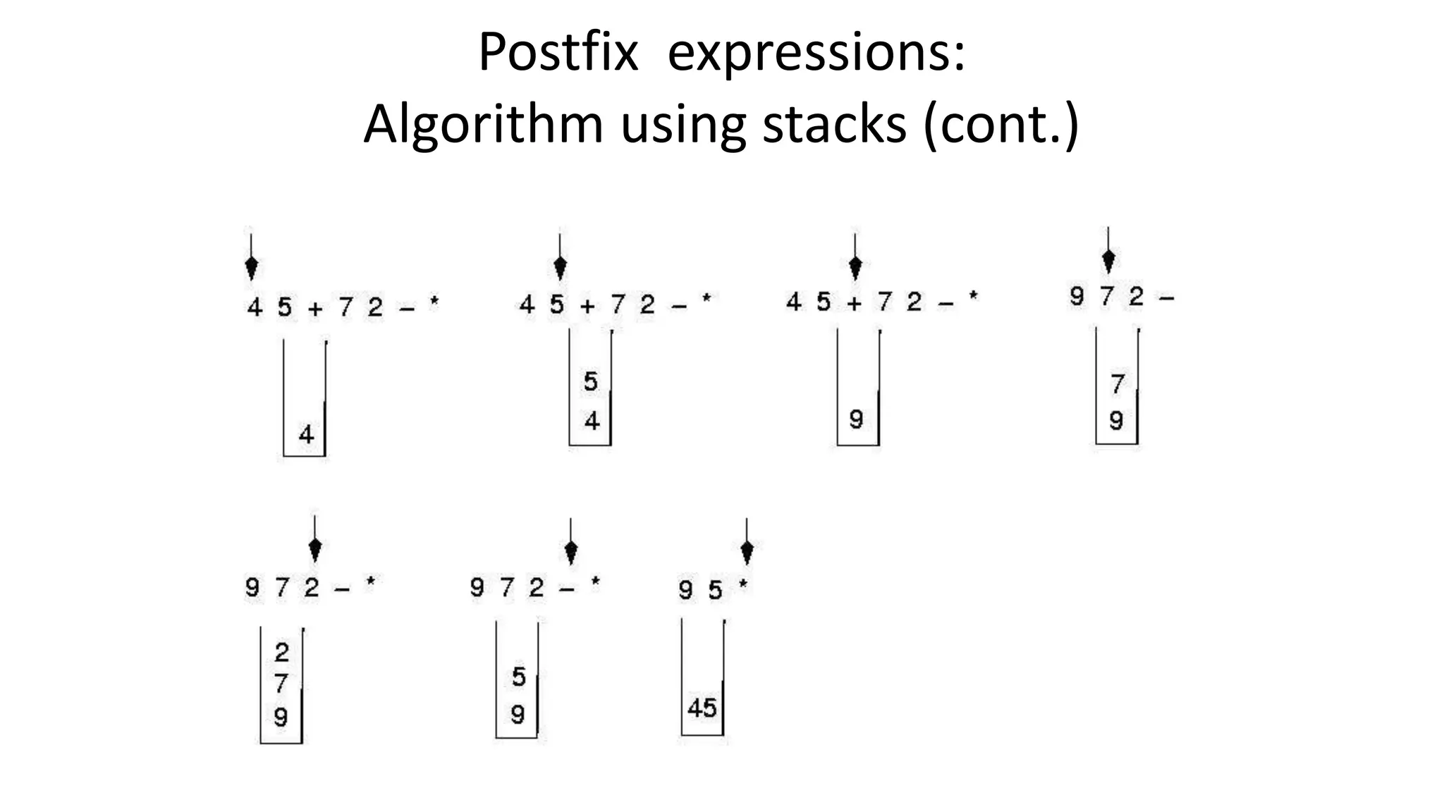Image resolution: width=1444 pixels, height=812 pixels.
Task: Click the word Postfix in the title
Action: (x=558, y=52)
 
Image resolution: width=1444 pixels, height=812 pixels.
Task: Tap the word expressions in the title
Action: (x=815, y=54)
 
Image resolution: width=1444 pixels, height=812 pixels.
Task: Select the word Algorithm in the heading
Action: (x=483, y=124)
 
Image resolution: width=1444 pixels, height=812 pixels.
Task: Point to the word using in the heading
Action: (x=683, y=125)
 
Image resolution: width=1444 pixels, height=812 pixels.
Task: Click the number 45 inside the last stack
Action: (x=702, y=708)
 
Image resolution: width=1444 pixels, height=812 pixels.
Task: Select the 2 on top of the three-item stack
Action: (x=281, y=652)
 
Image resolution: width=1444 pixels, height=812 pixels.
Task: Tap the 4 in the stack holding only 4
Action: (x=306, y=434)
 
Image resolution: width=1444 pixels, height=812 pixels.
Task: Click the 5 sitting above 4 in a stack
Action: (x=591, y=381)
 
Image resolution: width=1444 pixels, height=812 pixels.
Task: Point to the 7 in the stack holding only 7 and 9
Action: (x=1117, y=384)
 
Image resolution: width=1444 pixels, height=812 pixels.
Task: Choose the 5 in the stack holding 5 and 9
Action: (x=519, y=677)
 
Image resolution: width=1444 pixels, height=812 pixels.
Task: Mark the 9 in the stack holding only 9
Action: (x=856, y=419)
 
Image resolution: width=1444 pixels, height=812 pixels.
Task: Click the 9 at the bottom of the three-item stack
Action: (x=281, y=718)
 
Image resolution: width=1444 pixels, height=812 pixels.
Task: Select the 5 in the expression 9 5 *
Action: (x=716, y=589)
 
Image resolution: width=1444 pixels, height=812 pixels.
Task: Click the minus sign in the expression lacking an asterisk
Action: (x=1166, y=299)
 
